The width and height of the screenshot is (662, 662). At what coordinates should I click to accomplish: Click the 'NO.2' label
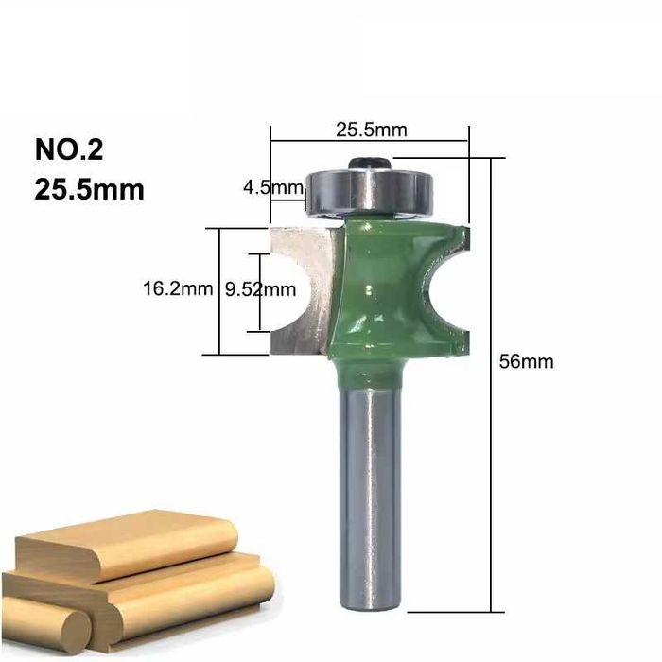point(68,151)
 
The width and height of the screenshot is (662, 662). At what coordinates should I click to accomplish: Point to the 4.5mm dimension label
point(270,187)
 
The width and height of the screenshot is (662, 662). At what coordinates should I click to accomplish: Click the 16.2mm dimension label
point(177,289)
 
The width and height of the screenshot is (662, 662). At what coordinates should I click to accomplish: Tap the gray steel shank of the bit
point(370,492)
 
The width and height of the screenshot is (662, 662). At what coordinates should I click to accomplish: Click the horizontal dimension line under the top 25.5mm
point(370,141)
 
